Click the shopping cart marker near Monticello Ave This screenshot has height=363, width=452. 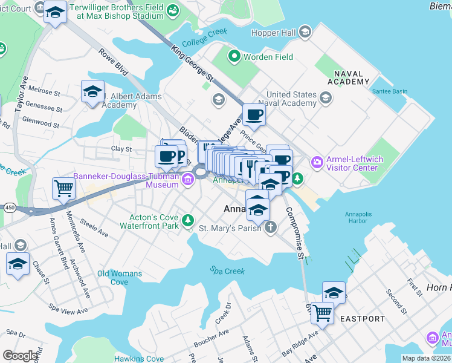tap(63, 188)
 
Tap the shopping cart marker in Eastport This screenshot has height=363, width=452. tap(322, 313)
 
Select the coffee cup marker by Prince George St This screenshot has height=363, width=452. tap(254, 115)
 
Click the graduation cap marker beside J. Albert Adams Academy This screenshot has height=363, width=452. tap(92, 91)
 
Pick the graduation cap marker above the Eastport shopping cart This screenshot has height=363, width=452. tap(334, 293)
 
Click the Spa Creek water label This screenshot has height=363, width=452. tap(227, 270)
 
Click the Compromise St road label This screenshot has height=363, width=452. tap(295, 234)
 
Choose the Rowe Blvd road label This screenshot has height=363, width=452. tap(114, 62)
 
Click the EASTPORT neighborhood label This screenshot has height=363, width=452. tap(362, 318)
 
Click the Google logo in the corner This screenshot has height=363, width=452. tap(21, 356)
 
